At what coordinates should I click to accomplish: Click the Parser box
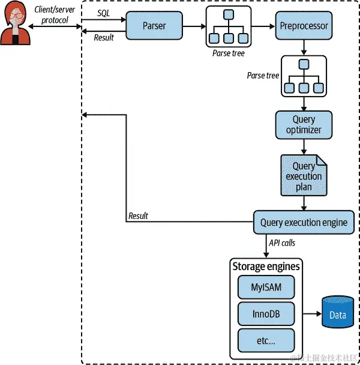154,26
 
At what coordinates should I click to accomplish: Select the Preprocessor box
304,26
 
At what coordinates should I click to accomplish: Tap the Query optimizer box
304,124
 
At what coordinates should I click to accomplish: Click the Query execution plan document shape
304,175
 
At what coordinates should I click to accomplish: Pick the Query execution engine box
304,222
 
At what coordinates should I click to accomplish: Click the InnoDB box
266,314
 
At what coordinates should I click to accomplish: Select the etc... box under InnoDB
266,340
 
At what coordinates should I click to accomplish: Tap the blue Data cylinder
338,313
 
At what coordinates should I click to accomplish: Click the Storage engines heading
266,266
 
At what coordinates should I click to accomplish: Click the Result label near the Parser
104,38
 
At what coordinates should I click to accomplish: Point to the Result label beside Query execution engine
138,216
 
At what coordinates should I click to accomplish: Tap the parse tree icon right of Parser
227,26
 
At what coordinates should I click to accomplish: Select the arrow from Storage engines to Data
310,314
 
